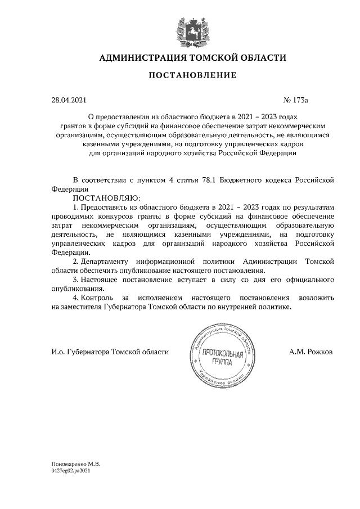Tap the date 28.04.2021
pos(69,100)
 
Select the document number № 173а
pos(297,100)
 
